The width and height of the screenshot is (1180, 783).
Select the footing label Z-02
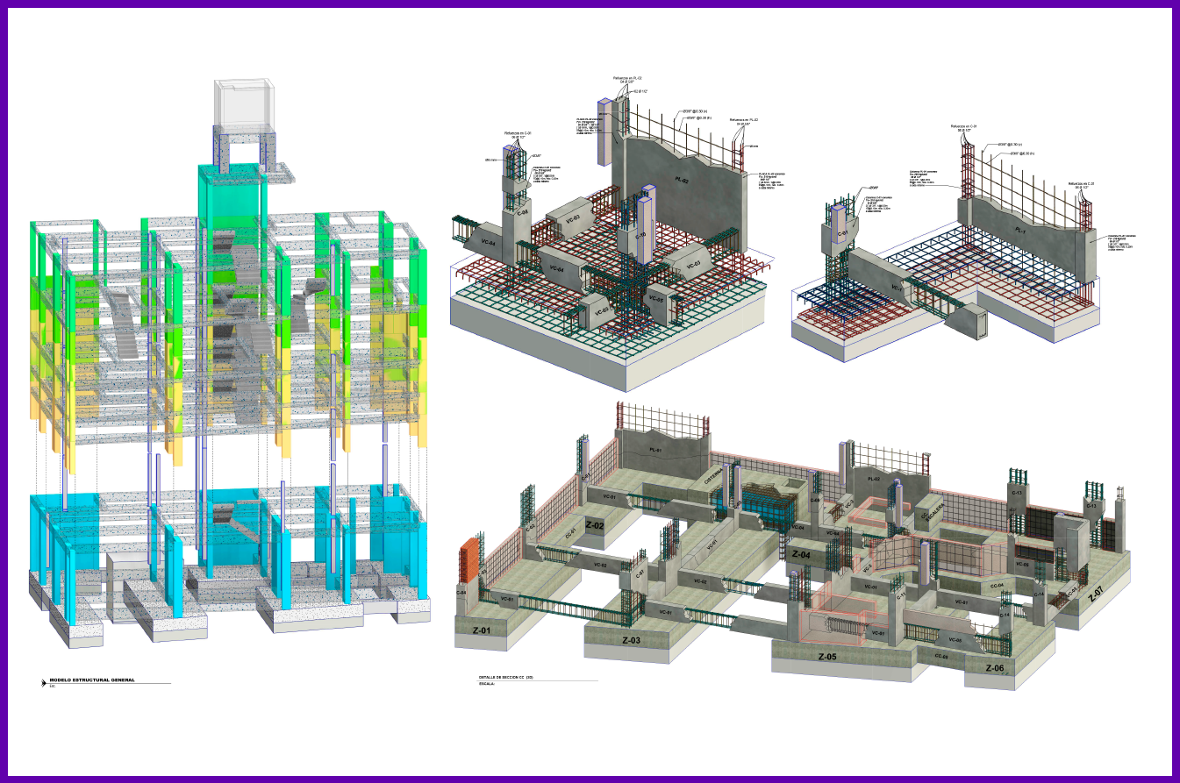[595, 526]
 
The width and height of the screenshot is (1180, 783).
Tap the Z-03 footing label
[631, 640]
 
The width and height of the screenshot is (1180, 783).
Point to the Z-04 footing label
[806, 554]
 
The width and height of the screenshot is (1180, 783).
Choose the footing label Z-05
[827, 657]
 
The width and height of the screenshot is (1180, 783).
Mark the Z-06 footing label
[994, 669]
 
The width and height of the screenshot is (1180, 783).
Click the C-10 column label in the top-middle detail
[640, 236]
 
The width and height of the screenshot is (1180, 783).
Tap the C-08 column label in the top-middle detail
[521, 212]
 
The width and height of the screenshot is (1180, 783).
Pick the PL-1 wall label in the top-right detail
[1020, 231]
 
